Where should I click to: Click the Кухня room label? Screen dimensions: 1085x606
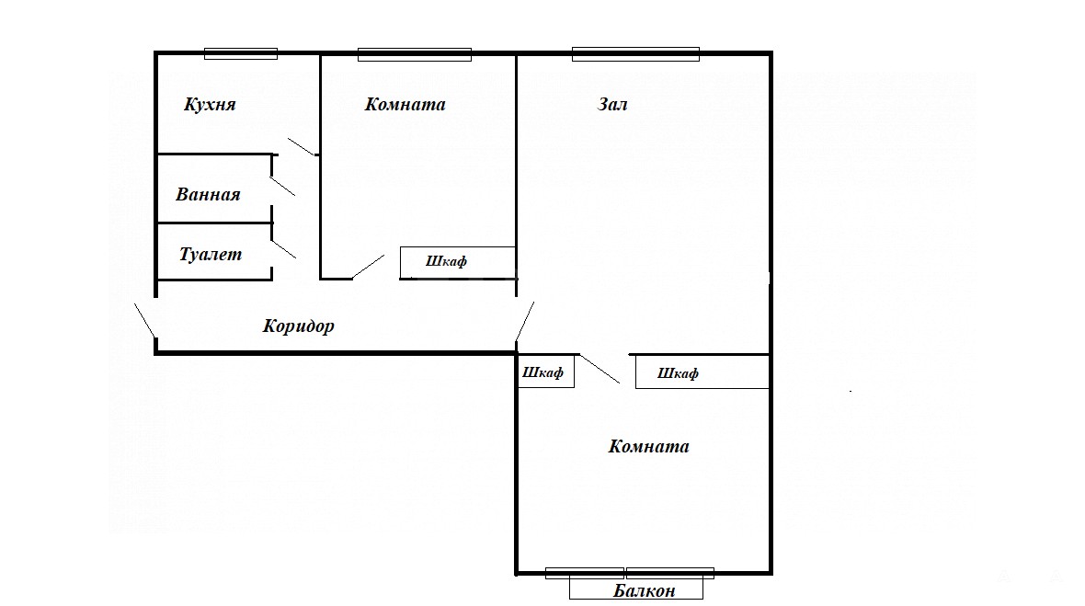click(210, 105)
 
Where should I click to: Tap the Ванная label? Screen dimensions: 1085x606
click(209, 194)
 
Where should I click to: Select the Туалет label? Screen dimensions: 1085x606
click(211, 255)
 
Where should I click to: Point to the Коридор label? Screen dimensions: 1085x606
click(298, 326)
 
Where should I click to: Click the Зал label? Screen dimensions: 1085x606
click(612, 105)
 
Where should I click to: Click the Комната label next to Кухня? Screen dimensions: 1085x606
click(405, 105)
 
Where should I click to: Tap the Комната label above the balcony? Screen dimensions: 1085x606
click(648, 446)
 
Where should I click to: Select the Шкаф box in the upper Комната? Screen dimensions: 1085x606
click(457, 263)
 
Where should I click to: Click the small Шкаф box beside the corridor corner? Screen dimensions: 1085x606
click(546, 372)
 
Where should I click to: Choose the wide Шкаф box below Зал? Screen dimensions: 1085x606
click(702, 372)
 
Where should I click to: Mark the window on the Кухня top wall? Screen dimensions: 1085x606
click(241, 54)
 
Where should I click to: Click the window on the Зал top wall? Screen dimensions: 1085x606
click(635, 54)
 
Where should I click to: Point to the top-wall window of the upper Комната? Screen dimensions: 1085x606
click(415, 54)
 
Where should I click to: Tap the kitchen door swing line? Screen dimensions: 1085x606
click(302, 146)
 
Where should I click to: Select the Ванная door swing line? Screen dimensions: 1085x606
click(282, 186)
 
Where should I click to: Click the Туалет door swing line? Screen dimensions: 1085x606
click(284, 249)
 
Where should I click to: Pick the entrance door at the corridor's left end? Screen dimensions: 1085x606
click(144, 320)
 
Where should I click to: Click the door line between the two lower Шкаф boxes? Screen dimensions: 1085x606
click(600, 370)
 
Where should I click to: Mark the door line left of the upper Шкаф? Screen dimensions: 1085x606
click(368, 267)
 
